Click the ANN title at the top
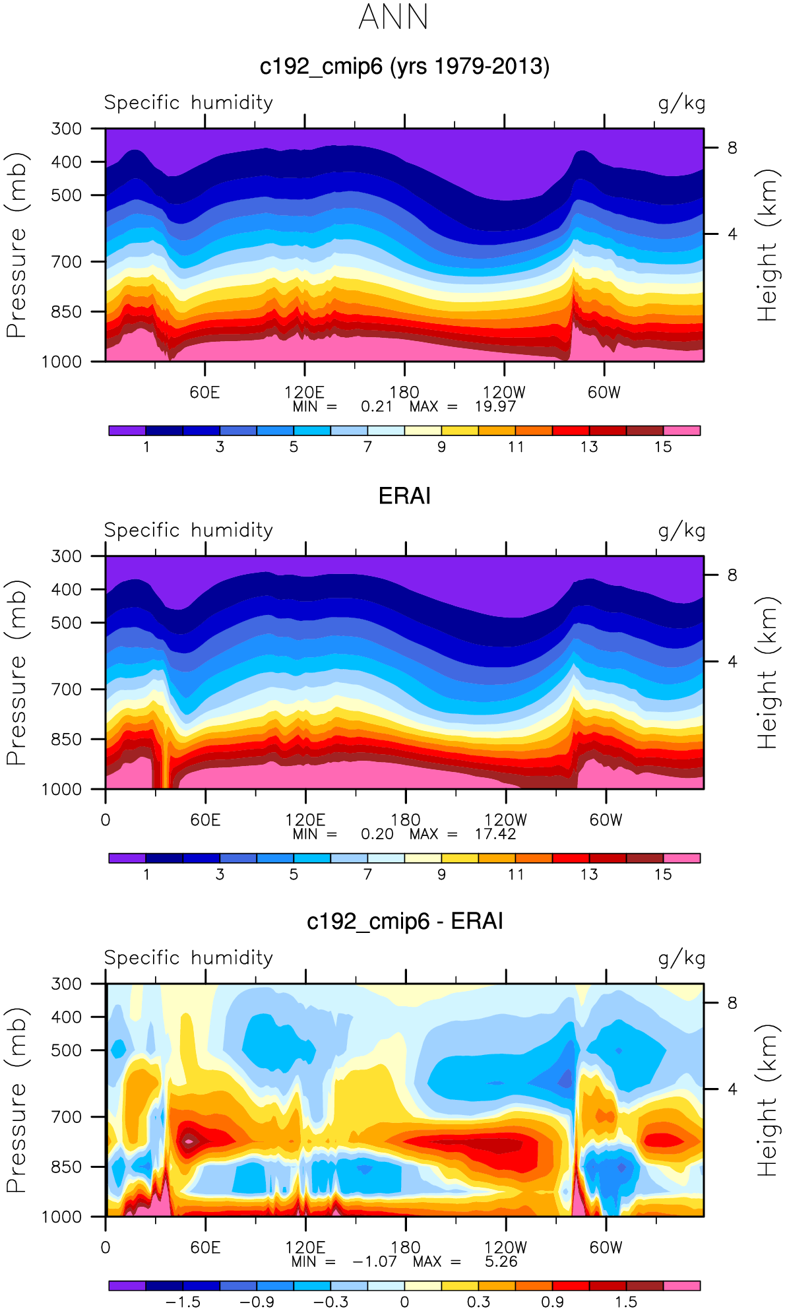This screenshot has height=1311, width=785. pos(394,17)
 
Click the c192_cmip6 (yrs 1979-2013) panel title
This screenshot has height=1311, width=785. pos(404,67)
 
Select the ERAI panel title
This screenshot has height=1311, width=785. pos(404,496)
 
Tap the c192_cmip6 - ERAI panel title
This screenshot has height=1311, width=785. pos(404,921)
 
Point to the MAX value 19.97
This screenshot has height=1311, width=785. pos(495,406)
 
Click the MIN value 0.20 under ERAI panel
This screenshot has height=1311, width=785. pos(377,834)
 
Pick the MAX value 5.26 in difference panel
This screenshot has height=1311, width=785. pos(501,1262)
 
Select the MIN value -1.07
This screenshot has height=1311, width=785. pos(375,1262)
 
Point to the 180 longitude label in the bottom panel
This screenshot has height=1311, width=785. pos(405,1247)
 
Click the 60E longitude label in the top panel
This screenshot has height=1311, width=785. pos(204,393)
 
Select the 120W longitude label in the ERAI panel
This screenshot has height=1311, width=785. pos(505,820)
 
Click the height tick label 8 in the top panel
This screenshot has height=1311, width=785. pos(732,148)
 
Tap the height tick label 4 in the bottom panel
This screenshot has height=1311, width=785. pos(732,1089)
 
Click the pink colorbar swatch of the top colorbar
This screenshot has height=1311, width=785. pos(681,431)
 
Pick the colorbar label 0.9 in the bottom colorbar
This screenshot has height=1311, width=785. pos(552,1302)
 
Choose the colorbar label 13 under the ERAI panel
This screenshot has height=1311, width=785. pos(589,874)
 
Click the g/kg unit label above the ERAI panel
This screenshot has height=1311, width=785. pos(681,531)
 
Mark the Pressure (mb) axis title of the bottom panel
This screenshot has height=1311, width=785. pos(17,1100)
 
